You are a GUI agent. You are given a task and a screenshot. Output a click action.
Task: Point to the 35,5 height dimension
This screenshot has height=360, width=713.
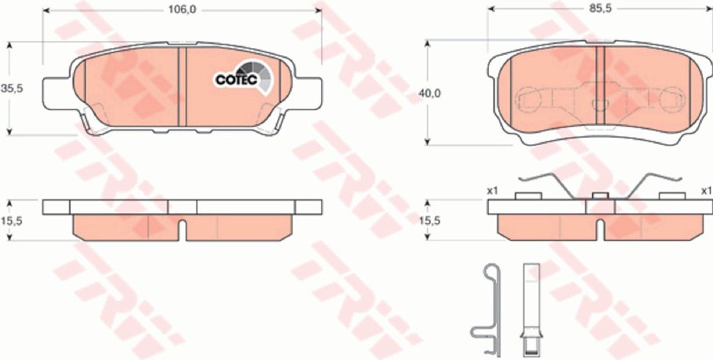11,88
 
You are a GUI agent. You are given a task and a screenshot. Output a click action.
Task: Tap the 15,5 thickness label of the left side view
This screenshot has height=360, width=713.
11,221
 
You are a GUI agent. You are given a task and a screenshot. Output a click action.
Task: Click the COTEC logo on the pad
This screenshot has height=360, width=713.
243,77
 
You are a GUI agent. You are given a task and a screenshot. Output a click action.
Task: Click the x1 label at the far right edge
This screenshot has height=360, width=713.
706,191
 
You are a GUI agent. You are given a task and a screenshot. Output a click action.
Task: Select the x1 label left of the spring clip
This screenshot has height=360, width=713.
492,191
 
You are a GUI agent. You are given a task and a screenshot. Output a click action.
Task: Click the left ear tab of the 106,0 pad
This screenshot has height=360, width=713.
57,93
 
